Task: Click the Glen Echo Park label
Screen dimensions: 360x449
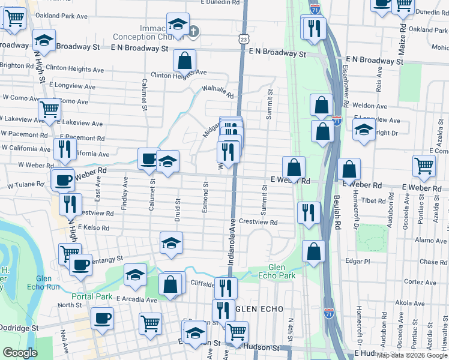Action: click(x=282, y=271)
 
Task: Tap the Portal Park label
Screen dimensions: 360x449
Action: click(x=92, y=296)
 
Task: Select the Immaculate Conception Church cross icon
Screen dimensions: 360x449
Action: click(x=193, y=32)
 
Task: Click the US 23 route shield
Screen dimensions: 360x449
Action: click(x=242, y=38)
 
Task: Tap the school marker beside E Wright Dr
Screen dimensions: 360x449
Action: click(x=364, y=130)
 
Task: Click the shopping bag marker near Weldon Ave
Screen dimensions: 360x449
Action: click(x=321, y=104)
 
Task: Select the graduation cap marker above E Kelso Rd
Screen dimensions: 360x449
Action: click(x=171, y=242)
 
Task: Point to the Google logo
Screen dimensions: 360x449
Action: click(x=20, y=353)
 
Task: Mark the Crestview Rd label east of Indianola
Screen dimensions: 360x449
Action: click(x=258, y=222)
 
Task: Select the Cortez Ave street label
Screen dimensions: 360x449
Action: click(x=415, y=281)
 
